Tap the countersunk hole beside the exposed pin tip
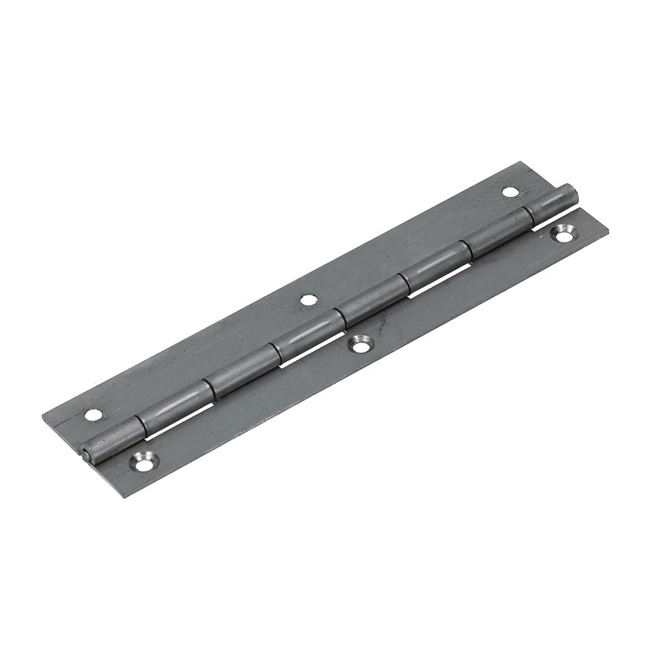click(x=145, y=461)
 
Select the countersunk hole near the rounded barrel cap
click(x=564, y=233)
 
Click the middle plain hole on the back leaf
click(x=308, y=298)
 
